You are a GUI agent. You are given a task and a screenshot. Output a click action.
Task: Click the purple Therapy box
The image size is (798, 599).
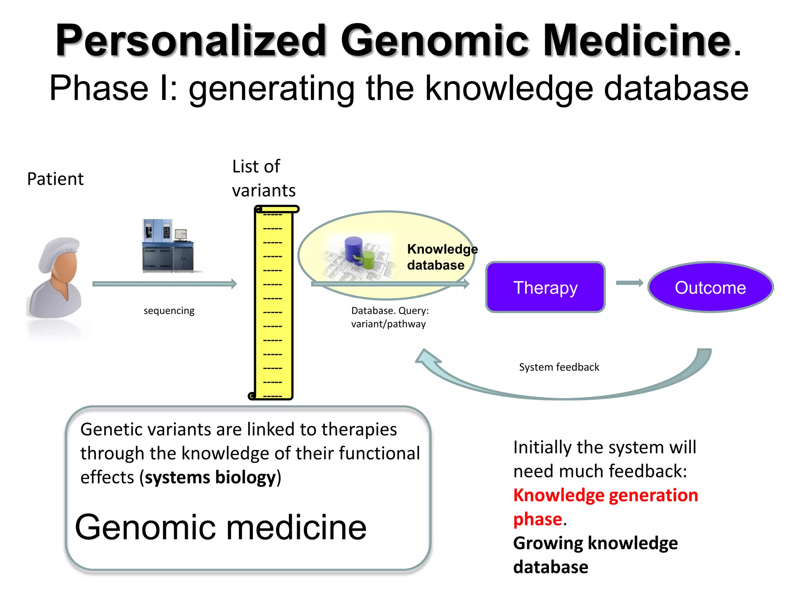pos(545,287)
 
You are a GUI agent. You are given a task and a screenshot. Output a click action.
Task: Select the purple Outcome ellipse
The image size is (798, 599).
pos(710,287)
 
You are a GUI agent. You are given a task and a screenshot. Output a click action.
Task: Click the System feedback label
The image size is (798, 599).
pos(559,367)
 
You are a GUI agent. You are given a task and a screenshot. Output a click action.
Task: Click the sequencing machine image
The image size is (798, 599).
pos(168,246)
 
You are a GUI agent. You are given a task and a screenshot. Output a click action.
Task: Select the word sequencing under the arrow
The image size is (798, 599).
pos(169,311)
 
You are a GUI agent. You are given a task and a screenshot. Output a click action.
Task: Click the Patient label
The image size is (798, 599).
pos(55,179)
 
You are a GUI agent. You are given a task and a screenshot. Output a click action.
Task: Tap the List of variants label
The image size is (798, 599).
pos(263,178)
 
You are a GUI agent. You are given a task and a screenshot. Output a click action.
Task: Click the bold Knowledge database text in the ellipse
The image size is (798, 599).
pos(441,257)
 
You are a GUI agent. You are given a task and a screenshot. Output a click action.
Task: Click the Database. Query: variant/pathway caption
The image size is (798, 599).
pos(389,317)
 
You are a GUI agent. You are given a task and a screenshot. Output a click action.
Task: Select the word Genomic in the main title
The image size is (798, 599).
pos(434,41)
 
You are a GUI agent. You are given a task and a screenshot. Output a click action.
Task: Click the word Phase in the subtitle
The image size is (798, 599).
pos(99,89)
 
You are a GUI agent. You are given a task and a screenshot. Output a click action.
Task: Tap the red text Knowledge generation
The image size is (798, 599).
pos(605,495)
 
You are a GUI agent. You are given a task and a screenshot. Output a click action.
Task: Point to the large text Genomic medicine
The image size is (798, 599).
pos(221,527)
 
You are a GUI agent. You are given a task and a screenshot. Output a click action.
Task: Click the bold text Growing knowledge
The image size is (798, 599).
pos(595,543)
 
